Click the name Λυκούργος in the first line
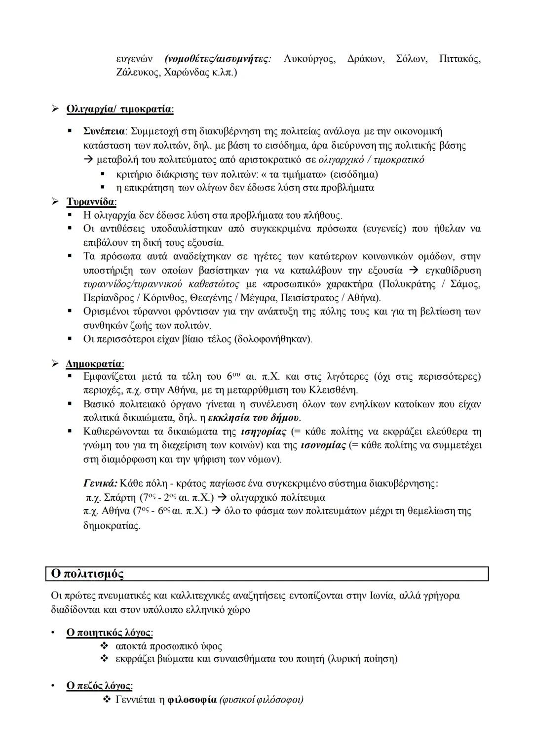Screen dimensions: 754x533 coord(309,59)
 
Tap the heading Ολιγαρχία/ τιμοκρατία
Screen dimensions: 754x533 coord(119,109)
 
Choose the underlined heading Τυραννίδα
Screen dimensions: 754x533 coord(91,202)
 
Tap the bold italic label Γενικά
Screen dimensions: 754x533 coord(100,483)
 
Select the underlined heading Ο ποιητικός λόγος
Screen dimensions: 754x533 coord(109,633)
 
